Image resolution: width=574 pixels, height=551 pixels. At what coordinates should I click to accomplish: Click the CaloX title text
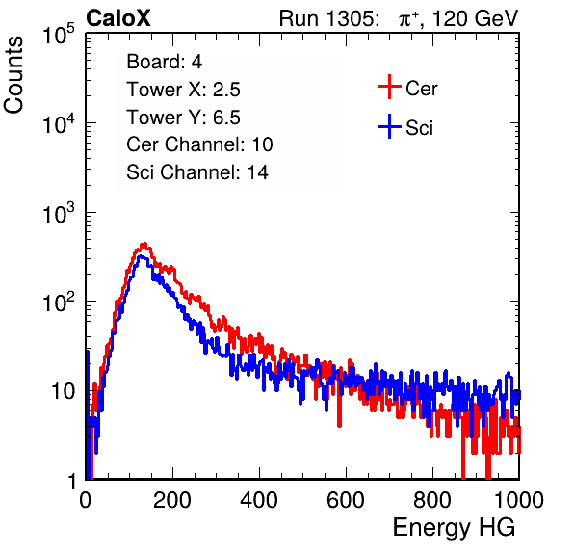(117, 18)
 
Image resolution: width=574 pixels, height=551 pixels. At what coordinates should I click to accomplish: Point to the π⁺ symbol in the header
(408, 19)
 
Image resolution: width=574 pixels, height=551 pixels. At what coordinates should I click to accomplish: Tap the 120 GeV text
(475, 18)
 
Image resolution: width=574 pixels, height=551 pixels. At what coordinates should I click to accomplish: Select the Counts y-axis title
(13, 75)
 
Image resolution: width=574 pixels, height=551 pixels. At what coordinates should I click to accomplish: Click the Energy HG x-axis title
(454, 528)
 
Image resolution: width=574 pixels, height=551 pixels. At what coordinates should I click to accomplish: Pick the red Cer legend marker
(389, 87)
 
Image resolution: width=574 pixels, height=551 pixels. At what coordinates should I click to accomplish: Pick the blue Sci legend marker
(389, 126)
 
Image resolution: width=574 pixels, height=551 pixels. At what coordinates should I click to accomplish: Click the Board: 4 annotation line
(165, 62)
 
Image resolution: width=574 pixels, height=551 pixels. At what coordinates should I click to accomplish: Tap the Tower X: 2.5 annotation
(183, 90)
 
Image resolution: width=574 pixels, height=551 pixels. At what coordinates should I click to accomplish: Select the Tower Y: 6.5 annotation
(183, 118)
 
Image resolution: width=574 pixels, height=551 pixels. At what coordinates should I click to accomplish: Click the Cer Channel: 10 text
(199, 144)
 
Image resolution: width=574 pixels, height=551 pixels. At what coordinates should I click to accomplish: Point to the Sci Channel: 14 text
(197, 172)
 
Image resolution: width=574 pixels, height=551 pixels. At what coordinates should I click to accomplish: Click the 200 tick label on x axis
(172, 499)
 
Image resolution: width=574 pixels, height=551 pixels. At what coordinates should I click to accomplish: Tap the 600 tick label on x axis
(346, 499)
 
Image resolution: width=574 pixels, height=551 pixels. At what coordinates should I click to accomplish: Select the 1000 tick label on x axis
(519, 499)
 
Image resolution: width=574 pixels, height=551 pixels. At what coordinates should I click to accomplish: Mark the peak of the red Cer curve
(144, 244)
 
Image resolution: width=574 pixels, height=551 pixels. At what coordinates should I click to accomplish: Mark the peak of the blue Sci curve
(142, 257)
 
